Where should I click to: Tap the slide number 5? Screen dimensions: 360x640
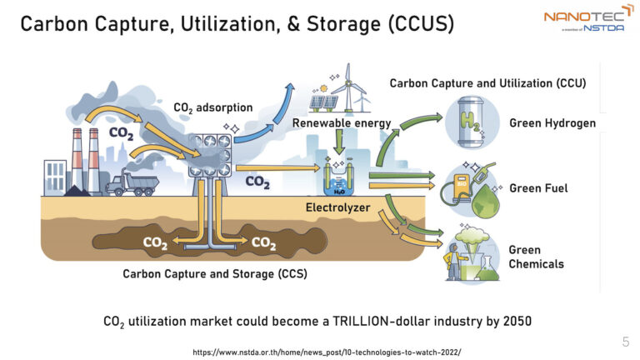(x=625, y=342)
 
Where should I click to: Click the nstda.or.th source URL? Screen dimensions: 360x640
(x=326, y=352)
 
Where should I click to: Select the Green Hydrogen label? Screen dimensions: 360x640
(x=552, y=123)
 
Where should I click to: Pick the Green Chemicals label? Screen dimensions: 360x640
(x=536, y=257)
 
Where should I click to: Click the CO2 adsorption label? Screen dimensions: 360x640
(x=212, y=107)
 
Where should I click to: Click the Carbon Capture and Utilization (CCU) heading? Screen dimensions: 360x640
(x=488, y=83)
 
